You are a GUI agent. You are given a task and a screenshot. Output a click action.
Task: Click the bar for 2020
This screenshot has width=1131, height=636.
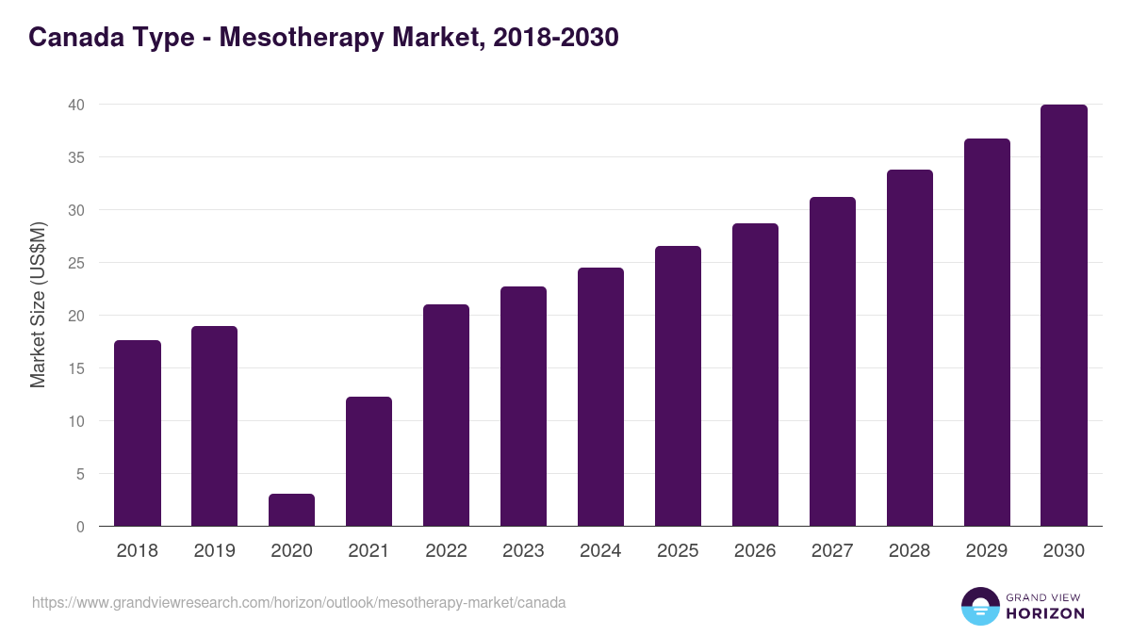coord(291,510)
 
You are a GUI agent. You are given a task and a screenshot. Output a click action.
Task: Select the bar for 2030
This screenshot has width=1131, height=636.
coord(1064,316)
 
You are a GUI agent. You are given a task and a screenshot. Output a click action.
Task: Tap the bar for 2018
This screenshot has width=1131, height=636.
coord(138,433)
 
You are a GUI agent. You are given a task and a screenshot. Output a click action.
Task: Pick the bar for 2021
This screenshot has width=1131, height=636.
coord(369,462)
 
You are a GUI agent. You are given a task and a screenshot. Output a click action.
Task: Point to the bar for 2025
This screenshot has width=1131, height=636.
coord(678,386)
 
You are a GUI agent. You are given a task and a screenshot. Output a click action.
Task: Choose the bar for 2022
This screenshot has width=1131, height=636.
coord(446,416)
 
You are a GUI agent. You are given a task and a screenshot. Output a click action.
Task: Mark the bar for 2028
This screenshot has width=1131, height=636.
coord(910,348)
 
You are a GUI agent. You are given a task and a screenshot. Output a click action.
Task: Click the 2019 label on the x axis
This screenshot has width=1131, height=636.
coord(215,551)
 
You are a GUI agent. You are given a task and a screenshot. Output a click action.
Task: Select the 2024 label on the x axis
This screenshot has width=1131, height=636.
coord(600,551)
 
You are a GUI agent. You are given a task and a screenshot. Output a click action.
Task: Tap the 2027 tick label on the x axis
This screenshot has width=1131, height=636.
coord(832,551)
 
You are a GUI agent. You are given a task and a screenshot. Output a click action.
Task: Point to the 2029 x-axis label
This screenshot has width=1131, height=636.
coord(987,551)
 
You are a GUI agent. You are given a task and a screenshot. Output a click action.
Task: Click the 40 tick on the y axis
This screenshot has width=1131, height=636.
coord(76,105)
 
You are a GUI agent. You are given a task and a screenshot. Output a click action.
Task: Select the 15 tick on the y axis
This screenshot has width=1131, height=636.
coord(76,368)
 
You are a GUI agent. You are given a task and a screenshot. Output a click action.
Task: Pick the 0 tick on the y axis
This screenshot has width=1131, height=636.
coord(81,527)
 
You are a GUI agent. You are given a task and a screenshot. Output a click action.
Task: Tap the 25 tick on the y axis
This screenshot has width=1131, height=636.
coord(76,263)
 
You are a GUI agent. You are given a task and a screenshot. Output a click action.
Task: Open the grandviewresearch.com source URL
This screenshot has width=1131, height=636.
coord(299,602)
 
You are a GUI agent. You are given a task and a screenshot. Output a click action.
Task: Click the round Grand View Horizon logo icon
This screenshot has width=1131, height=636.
coord(980,607)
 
